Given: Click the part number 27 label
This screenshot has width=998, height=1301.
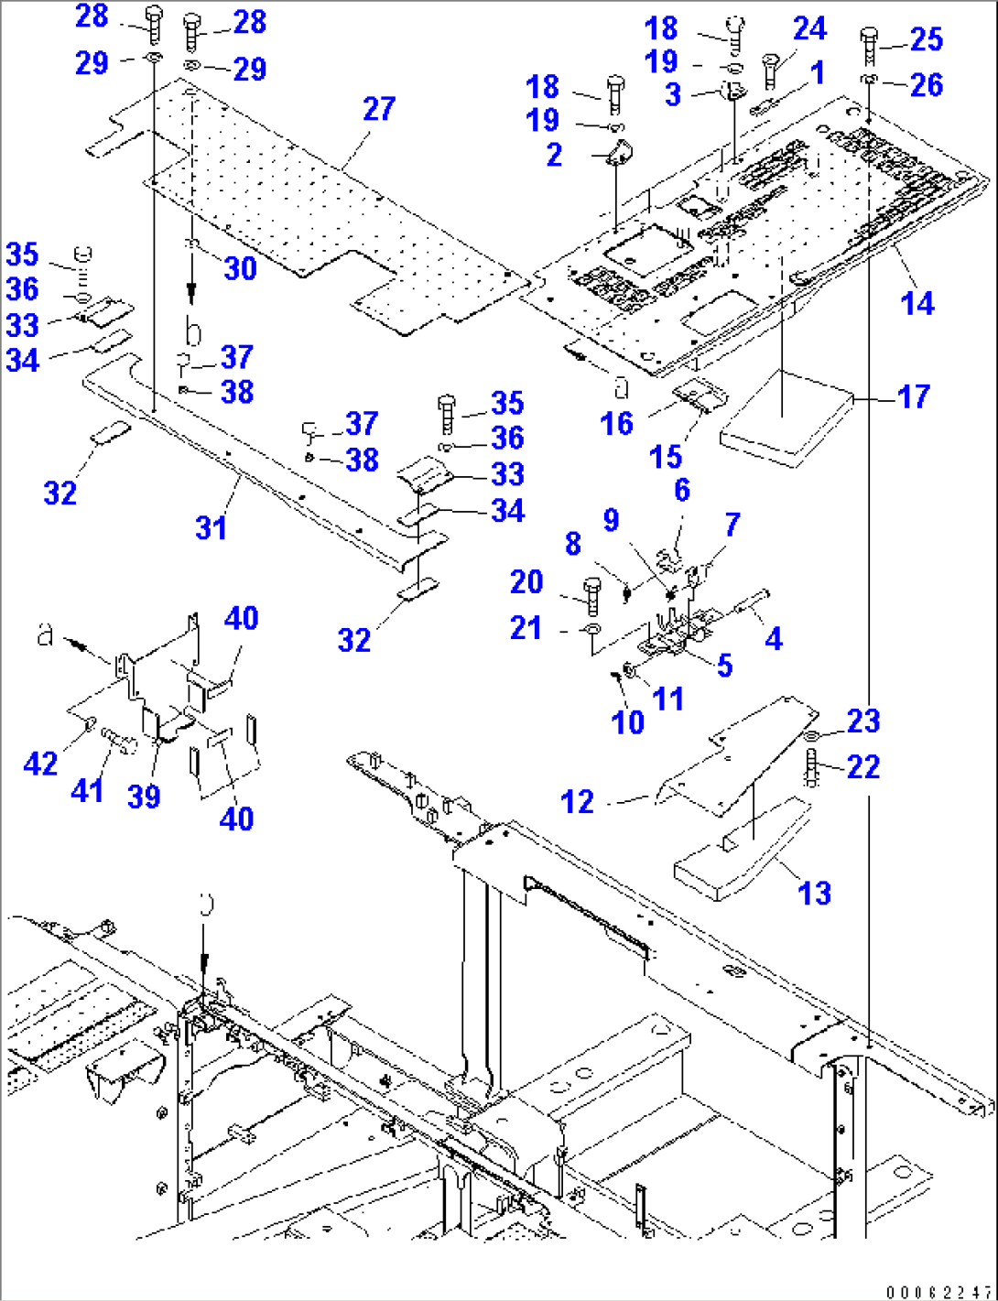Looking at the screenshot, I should point(379,109).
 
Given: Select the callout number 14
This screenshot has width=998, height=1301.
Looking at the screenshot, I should point(917,302).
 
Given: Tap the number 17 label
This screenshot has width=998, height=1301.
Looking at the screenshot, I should point(913,396).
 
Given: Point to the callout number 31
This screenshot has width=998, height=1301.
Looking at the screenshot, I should point(212,527).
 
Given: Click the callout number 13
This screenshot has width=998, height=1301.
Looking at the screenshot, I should point(814,893).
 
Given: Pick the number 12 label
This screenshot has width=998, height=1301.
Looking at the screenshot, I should point(578,802).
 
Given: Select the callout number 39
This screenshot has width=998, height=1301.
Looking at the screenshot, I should point(144,796).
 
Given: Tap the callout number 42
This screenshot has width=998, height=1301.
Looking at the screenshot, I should point(40,763).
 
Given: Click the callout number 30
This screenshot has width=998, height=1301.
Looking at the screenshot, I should point(240,268).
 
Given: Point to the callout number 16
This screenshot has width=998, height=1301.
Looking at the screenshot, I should point(616,423).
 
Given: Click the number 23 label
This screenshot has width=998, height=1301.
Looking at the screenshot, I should point(863,721).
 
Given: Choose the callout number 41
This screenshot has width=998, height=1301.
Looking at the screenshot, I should point(88,788).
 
